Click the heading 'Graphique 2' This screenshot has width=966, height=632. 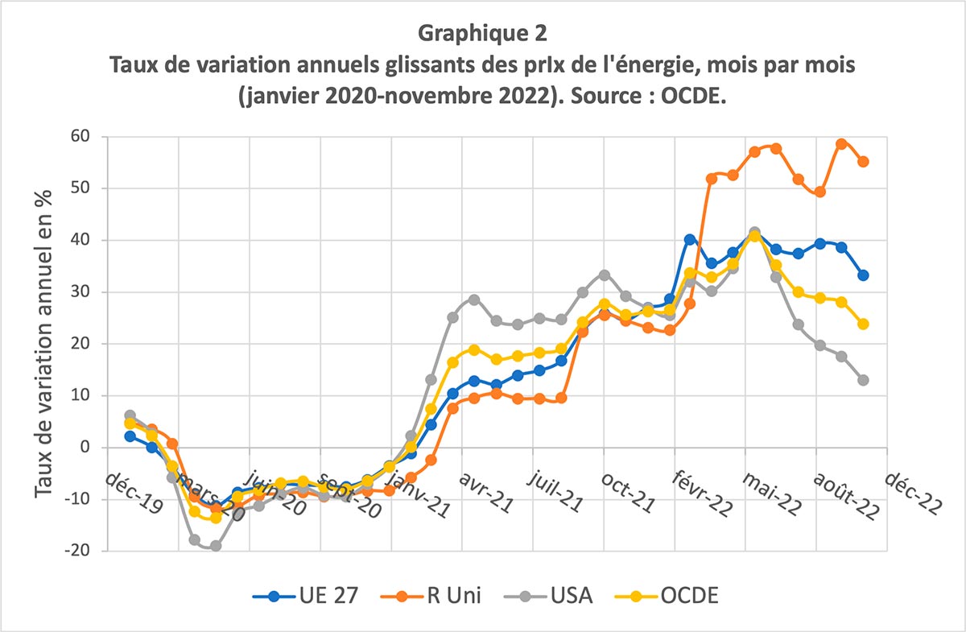point(482,34)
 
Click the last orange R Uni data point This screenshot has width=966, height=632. point(863,162)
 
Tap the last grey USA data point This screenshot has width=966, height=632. point(863,380)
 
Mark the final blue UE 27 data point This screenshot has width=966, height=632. point(863,275)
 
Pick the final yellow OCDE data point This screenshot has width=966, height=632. point(863,324)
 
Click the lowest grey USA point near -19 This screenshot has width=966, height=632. point(215,546)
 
